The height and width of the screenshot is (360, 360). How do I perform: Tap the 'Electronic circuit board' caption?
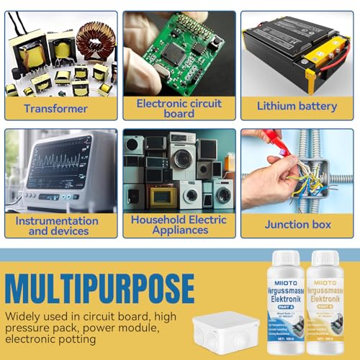tap(179, 107)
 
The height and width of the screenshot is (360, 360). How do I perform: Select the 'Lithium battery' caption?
tap(297, 107)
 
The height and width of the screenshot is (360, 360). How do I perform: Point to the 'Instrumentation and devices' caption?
tap(57, 225)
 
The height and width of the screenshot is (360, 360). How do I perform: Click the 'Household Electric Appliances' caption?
tap(179, 225)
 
